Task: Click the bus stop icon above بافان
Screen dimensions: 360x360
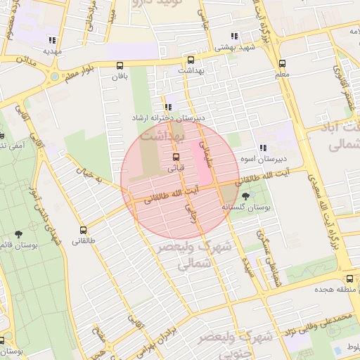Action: [120, 65]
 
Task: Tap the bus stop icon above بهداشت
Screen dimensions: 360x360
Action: [191, 60]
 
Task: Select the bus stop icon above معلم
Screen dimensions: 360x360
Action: [282, 63]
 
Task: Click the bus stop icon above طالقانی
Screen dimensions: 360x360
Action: [84, 230]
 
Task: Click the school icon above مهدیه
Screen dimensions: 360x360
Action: [52, 39]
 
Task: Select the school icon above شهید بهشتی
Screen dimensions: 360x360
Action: [234, 36]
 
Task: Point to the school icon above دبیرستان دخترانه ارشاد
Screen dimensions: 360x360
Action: [167, 107]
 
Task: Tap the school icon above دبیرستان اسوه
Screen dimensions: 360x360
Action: [262, 148]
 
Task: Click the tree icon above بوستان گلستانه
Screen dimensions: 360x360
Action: [245, 196]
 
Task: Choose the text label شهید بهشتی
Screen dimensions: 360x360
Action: [233, 47]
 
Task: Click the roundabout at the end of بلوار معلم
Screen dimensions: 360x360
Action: [54, 76]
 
